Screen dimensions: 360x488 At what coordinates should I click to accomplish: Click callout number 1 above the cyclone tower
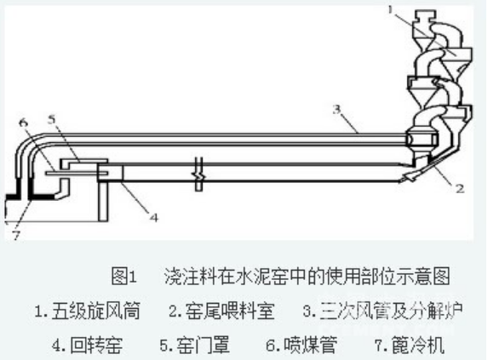[391, 11]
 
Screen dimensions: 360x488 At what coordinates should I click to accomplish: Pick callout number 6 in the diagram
[23, 122]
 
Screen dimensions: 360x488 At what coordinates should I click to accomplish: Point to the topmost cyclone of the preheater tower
[426, 26]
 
